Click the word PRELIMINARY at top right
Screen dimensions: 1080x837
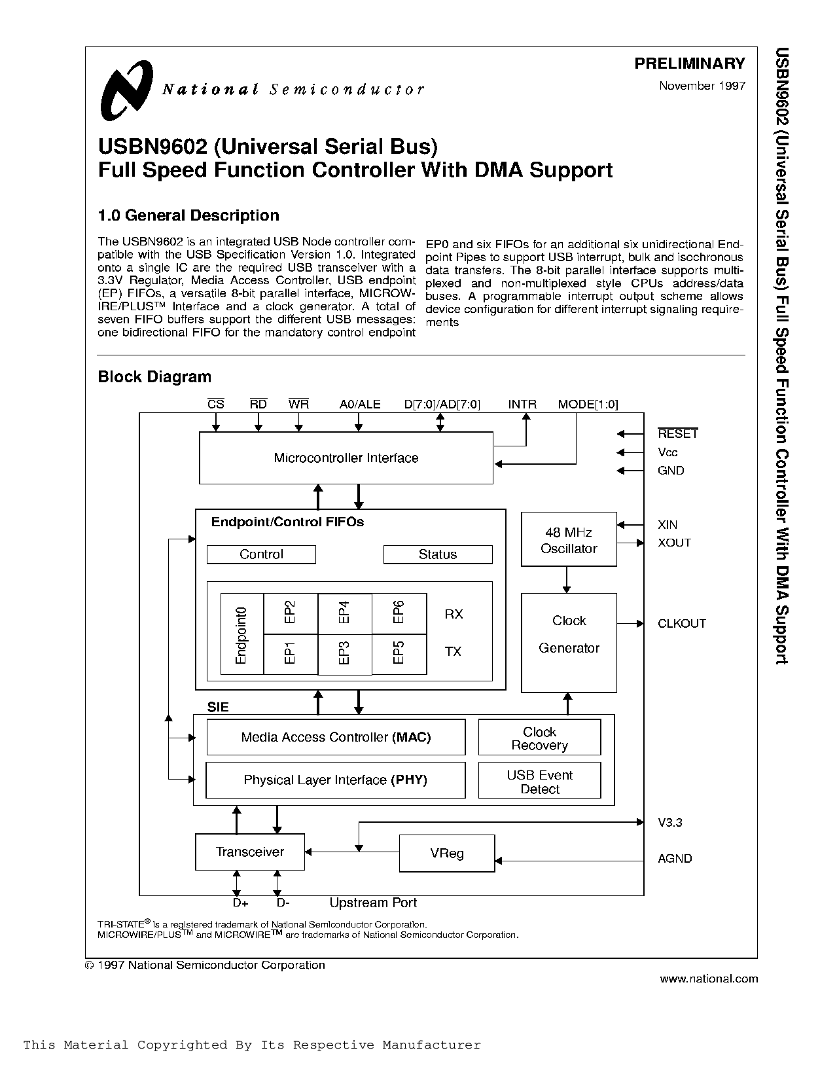690,63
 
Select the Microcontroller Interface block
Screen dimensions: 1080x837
346,458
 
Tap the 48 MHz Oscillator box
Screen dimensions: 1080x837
569,539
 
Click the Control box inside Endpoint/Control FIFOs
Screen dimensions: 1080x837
261,554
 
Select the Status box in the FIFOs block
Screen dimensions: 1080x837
437,554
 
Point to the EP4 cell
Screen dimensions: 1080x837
344,613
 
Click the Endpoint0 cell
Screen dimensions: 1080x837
241,634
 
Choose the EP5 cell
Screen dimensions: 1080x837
399,653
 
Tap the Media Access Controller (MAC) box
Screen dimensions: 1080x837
336,737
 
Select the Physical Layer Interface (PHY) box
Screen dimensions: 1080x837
335,780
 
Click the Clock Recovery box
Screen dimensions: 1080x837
539,738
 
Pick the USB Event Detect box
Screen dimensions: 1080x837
539,781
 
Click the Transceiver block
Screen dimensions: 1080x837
250,852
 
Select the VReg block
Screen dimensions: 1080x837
447,854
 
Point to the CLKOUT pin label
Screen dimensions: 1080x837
681,624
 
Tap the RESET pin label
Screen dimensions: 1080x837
677,434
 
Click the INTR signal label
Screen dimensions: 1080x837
522,405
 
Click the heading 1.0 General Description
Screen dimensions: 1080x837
188,215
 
